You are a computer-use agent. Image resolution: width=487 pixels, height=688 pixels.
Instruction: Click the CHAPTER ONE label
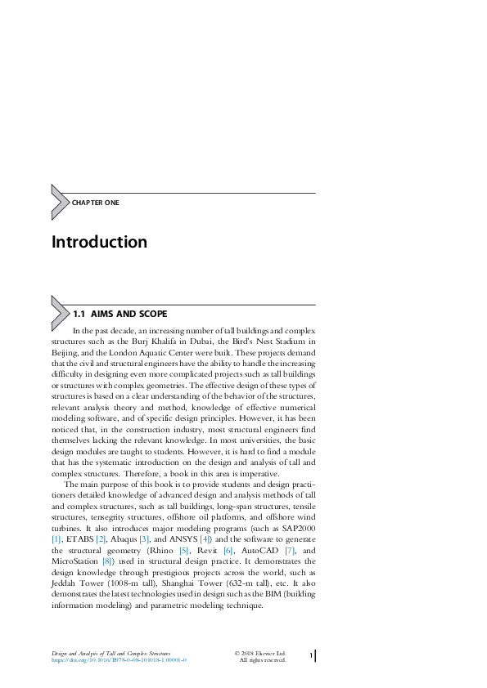(96, 203)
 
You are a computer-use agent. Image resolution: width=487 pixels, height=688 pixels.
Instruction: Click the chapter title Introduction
(99, 243)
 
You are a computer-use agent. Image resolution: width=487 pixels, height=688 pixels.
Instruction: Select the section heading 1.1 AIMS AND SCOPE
(120, 314)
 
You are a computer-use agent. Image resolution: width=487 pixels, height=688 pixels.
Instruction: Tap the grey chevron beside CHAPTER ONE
(60, 202)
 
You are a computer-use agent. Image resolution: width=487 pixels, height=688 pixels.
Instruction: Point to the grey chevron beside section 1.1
(60, 310)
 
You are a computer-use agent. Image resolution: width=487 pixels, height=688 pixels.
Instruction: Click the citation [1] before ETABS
(56, 539)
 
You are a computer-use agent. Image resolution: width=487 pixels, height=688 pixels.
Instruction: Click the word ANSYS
(194, 539)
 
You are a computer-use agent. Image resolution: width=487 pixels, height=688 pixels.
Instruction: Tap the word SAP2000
(296, 528)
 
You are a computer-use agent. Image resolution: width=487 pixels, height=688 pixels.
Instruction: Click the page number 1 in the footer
(312, 656)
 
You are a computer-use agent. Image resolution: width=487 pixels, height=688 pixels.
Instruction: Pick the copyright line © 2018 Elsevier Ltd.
(260, 654)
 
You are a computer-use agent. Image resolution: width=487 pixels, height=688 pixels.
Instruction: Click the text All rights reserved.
(262, 660)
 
